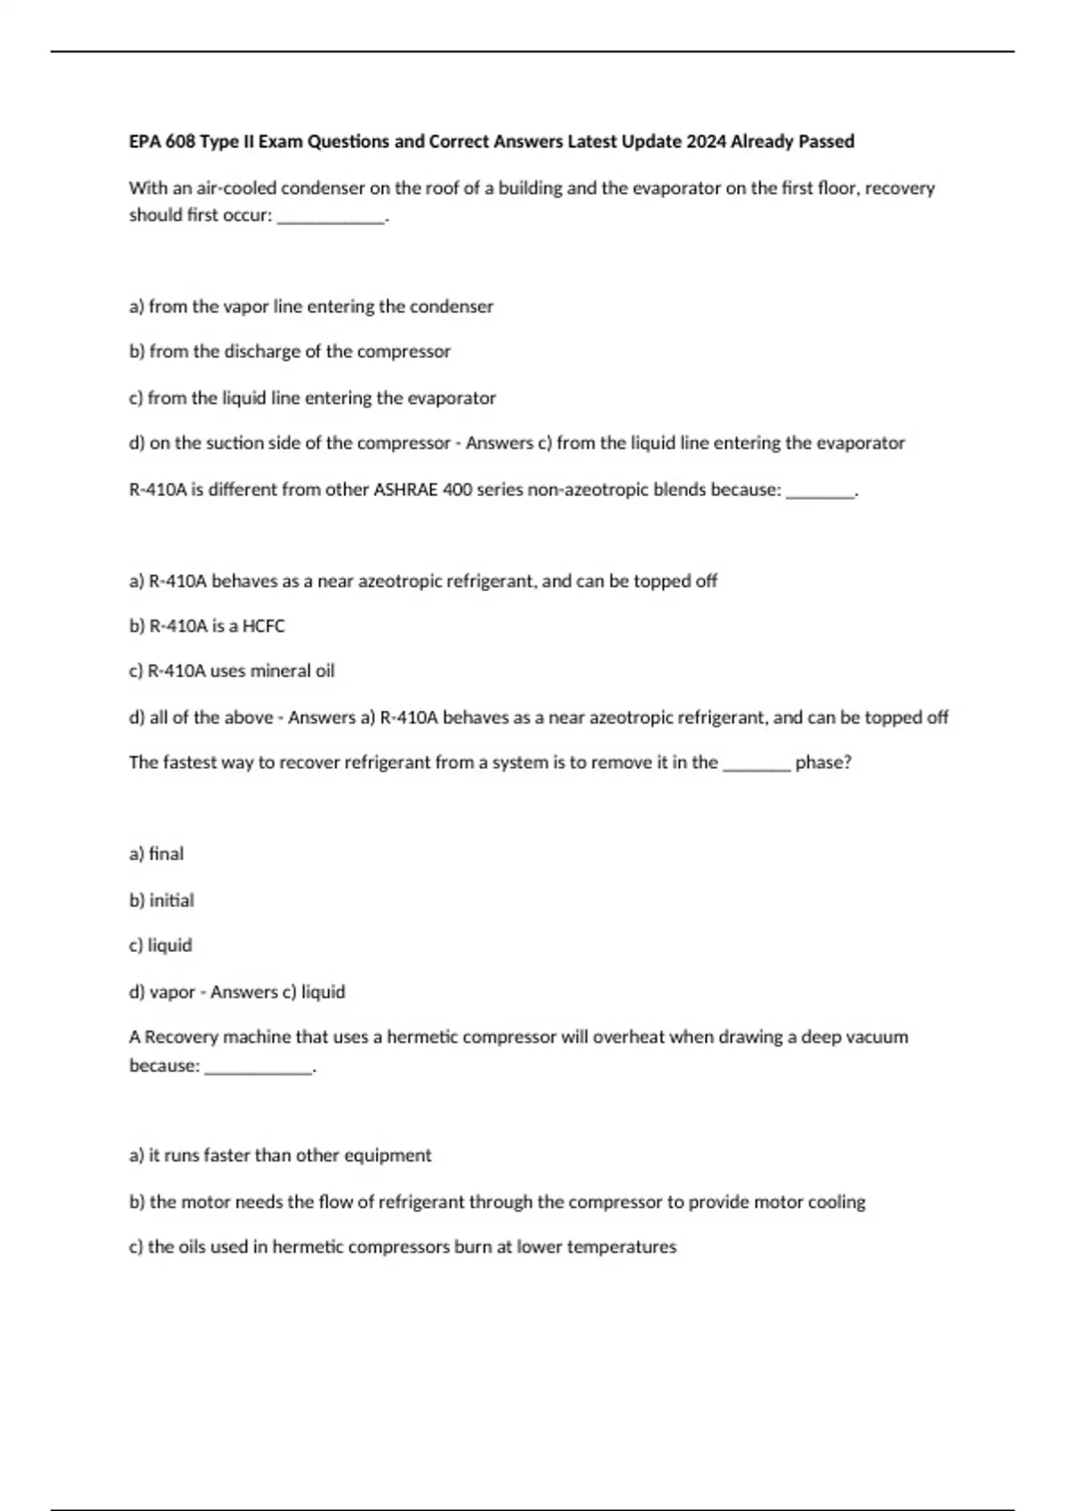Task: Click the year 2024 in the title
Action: (706, 141)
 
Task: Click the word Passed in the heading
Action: (826, 141)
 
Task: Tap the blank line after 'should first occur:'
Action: (331, 216)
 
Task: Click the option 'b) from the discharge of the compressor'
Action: (290, 351)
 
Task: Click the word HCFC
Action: (264, 626)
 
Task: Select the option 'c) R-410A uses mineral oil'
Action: (232, 671)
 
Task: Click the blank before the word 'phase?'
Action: (757, 763)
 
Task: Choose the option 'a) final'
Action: (156, 853)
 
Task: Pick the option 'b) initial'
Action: (162, 899)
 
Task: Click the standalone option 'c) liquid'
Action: (161, 945)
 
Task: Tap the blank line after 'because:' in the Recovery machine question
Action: (259, 1067)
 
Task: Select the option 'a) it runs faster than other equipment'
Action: (280, 1155)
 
